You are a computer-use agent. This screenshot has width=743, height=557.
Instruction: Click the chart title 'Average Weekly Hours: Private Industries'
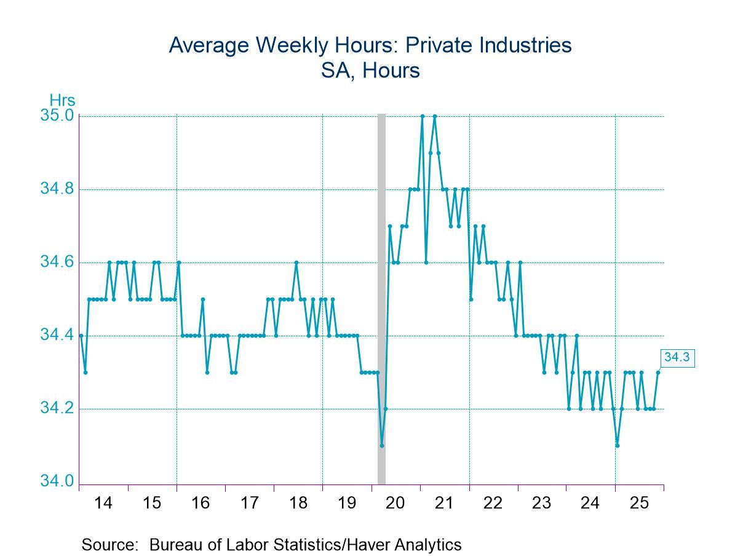(370, 45)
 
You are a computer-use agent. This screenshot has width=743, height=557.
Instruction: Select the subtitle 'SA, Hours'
(370, 70)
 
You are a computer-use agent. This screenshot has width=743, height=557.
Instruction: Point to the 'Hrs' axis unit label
(62, 100)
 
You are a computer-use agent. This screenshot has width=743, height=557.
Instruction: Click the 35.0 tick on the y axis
(57, 116)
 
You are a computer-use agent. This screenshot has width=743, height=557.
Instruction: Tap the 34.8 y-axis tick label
(57, 189)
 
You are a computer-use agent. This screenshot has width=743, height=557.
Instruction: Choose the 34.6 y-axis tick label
(57, 263)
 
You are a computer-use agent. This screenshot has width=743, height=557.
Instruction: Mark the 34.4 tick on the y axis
(57, 336)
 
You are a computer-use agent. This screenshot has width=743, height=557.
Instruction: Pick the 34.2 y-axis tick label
(57, 409)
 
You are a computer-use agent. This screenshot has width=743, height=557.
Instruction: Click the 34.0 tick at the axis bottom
(57, 481)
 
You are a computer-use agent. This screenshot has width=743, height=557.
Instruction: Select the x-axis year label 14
(103, 503)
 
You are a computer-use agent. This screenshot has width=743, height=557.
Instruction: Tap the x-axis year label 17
(249, 503)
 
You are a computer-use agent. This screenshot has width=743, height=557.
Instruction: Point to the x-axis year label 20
(395, 503)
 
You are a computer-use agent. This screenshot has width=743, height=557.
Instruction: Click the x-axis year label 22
(493, 503)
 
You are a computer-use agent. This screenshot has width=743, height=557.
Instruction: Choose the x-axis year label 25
(639, 503)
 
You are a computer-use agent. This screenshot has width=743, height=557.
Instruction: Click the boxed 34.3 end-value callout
(677, 357)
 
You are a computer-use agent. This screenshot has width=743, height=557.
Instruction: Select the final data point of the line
(658, 372)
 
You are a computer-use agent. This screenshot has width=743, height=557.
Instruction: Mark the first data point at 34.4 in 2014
(81, 336)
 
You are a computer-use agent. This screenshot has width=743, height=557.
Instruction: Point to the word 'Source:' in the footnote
(111, 544)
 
